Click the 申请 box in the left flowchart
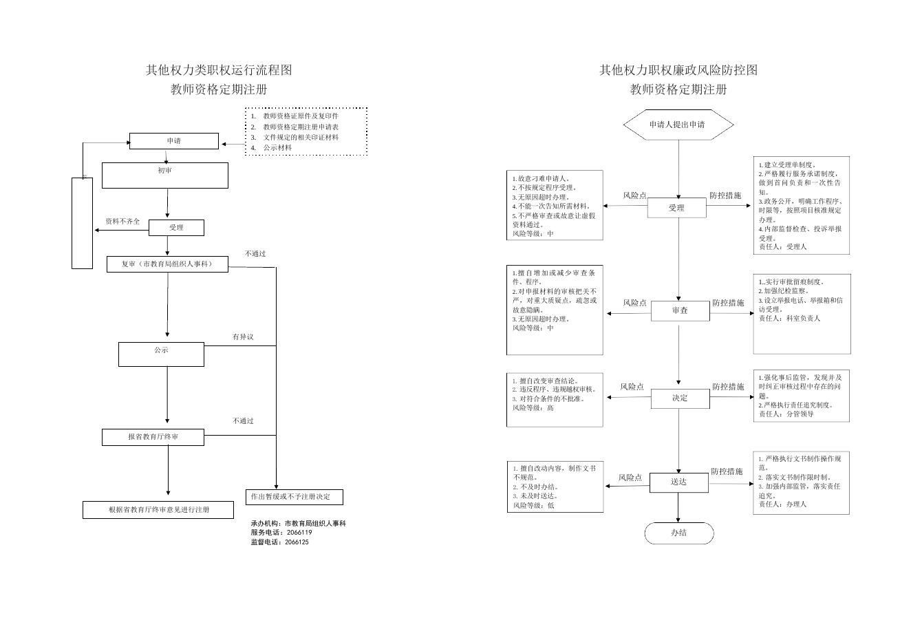174,141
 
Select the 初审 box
165,175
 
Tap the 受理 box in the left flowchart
176,228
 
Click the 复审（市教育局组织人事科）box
167,264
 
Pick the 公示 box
161,354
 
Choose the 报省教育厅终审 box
153,437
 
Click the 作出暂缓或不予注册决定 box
294,497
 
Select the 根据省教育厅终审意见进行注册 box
159,510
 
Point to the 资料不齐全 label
122,222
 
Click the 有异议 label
243,337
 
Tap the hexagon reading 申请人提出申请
678,125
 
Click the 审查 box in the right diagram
680,311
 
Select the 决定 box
680,398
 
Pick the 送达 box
678,482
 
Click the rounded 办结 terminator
678,533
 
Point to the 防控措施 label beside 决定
727,387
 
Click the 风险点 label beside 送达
630,477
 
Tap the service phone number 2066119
299,533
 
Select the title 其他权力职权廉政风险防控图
678,70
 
